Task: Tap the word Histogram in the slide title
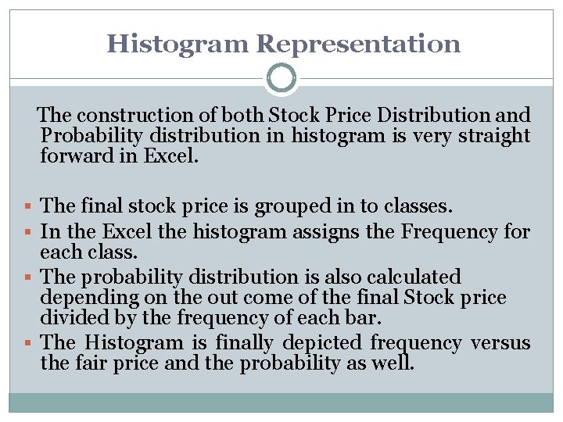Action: [179, 43]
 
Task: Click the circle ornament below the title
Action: [281, 78]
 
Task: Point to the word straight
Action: [496, 135]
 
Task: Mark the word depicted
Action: [321, 343]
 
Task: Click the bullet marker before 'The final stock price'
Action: [29, 207]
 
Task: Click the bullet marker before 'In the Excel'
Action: [29, 232]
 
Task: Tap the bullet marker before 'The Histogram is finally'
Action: [29, 343]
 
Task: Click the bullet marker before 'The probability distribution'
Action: [29, 277]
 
